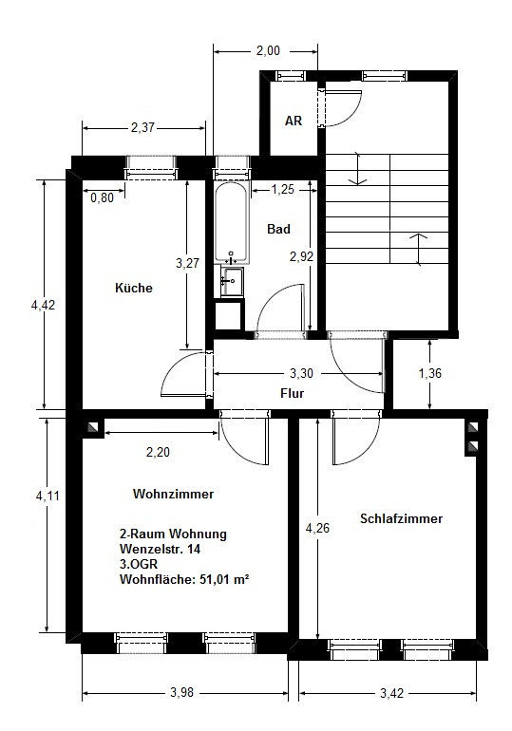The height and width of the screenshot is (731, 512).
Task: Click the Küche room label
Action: pos(134,288)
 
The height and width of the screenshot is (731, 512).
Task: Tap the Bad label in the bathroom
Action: pos(278,229)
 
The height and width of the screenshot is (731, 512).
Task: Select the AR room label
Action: pos(294,121)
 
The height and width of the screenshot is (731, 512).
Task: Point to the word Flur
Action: pos(293,393)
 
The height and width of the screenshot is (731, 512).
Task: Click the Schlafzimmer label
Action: pos(401,518)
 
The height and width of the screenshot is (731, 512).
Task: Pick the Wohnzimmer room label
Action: pos(173,494)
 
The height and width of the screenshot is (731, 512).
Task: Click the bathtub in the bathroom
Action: pos(231,222)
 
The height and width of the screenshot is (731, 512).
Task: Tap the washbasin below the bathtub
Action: pos(232,282)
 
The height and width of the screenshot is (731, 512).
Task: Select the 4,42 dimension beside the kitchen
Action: pos(43,305)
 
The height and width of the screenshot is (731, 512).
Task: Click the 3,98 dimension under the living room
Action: pos(181,692)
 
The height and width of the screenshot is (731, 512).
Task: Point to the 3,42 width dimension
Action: pos(391,693)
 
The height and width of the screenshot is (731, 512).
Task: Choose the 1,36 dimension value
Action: pos(430,373)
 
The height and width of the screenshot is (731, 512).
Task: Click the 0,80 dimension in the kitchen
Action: pos(103,197)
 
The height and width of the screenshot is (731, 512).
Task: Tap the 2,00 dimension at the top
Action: pos(268,50)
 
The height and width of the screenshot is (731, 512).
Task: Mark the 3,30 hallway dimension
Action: pos(301,373)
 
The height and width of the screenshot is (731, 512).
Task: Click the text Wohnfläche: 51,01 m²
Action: pos(183,579)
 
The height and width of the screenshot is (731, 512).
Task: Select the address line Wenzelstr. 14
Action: pos(160,549)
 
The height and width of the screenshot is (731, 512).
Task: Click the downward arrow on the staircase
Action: pos(357,168)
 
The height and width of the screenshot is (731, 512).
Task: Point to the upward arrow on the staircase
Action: pos(419,250)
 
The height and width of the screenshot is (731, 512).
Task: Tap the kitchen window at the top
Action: pos(151,168)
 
